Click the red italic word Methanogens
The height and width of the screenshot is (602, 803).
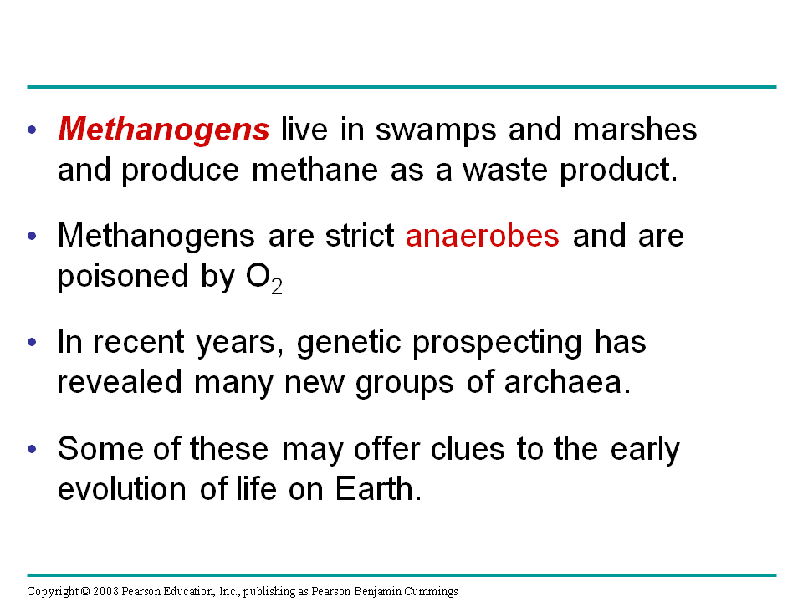(164, 130)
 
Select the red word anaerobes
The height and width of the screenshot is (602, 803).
(482, 237)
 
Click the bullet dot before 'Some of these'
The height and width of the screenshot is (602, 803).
(33, 449)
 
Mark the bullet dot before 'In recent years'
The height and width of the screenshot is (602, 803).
(33, 343)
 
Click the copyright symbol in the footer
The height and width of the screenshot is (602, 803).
(85, 592)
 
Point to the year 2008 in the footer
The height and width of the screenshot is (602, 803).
(105, 592)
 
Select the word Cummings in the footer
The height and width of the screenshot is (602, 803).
(433, 592)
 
